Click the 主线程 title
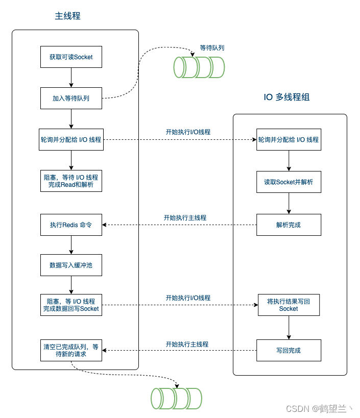67,16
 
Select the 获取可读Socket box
71,57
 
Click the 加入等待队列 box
71,98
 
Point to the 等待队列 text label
212,47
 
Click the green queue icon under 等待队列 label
199,67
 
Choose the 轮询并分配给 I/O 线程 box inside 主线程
71,139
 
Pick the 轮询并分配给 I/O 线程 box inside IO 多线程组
289,139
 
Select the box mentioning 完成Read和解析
71,181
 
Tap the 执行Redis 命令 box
71,225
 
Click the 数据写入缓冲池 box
71,265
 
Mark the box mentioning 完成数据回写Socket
71,305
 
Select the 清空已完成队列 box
71,350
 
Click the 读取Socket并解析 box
289,182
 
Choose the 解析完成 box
289,225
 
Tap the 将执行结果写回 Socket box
289,305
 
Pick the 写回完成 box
289,351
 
